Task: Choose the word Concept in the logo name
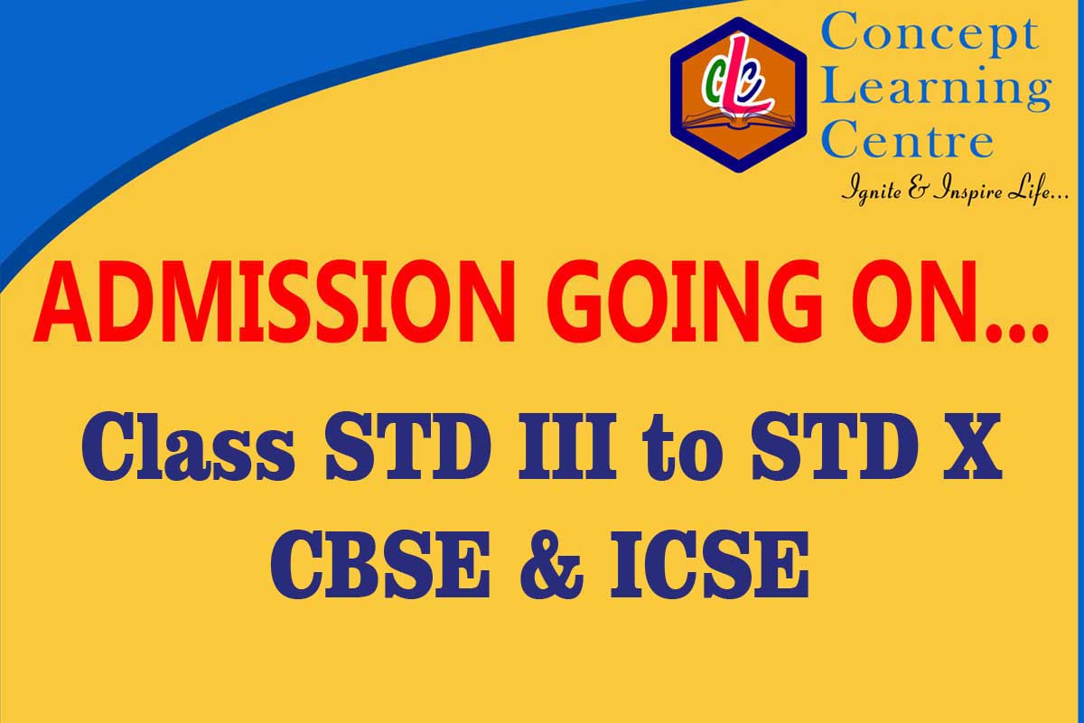[x=931, y=33]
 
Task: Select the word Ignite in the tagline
[x=872, y=191]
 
